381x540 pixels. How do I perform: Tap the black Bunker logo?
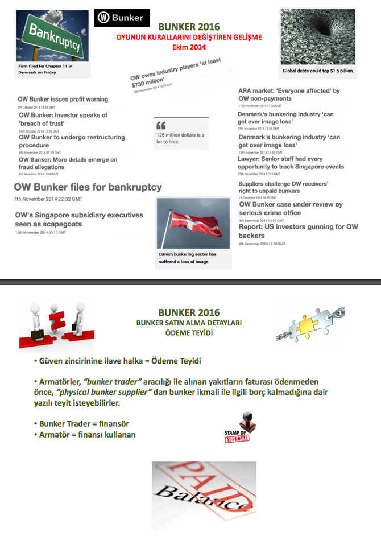122,18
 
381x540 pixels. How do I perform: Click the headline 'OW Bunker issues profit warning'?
63,99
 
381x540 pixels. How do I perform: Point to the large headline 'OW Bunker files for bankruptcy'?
88,187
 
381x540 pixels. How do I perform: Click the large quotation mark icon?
160,125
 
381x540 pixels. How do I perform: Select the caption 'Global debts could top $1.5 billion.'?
318,71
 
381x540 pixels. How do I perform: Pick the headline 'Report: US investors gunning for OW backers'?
298,231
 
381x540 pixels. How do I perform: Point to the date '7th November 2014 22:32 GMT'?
48,199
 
